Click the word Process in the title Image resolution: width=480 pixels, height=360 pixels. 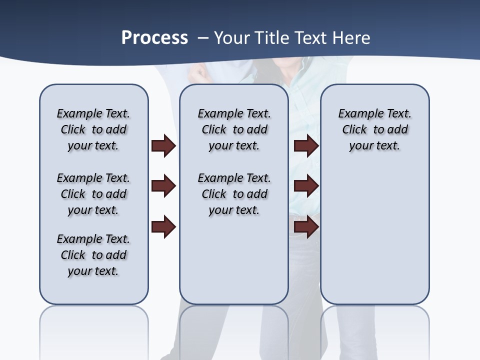(154, 38)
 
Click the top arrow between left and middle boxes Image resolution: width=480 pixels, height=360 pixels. (163, 146)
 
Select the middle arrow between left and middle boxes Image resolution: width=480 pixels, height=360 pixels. (163, 186)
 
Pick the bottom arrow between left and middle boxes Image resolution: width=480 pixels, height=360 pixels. (163, 227)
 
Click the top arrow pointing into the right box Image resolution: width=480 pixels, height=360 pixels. (306, 146)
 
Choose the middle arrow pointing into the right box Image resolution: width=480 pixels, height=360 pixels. (306, 186)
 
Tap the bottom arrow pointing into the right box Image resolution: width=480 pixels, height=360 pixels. (306, 227)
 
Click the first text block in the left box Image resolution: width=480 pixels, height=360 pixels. (93, 129)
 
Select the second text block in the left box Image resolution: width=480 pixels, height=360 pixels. (93, 194)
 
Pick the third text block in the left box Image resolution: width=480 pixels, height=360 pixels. (93, 255)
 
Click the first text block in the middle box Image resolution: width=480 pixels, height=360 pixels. (234, 129)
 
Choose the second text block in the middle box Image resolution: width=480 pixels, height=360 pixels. (234, 194)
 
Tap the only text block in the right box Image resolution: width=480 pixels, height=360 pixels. (374, 129)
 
